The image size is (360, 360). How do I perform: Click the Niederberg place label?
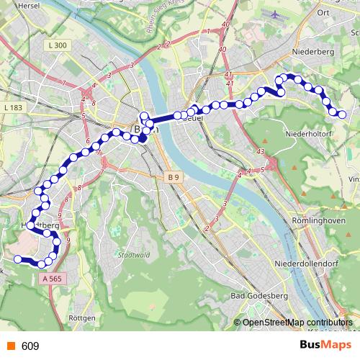pos(309,52)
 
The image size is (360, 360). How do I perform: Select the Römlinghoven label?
pos(310,219)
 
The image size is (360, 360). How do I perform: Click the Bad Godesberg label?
pos(258,296)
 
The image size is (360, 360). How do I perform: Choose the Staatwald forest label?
pos(130,255)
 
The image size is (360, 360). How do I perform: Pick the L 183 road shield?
pos(14,107)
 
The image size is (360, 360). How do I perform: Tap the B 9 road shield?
pos(172,177)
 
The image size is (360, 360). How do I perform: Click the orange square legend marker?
pos(9,346)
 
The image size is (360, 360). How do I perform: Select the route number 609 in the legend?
pos(30,346)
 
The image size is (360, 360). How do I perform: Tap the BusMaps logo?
pos(326,346)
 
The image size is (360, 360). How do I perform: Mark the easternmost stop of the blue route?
pos(342,114)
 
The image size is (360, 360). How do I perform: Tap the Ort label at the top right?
pos(323,12)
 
